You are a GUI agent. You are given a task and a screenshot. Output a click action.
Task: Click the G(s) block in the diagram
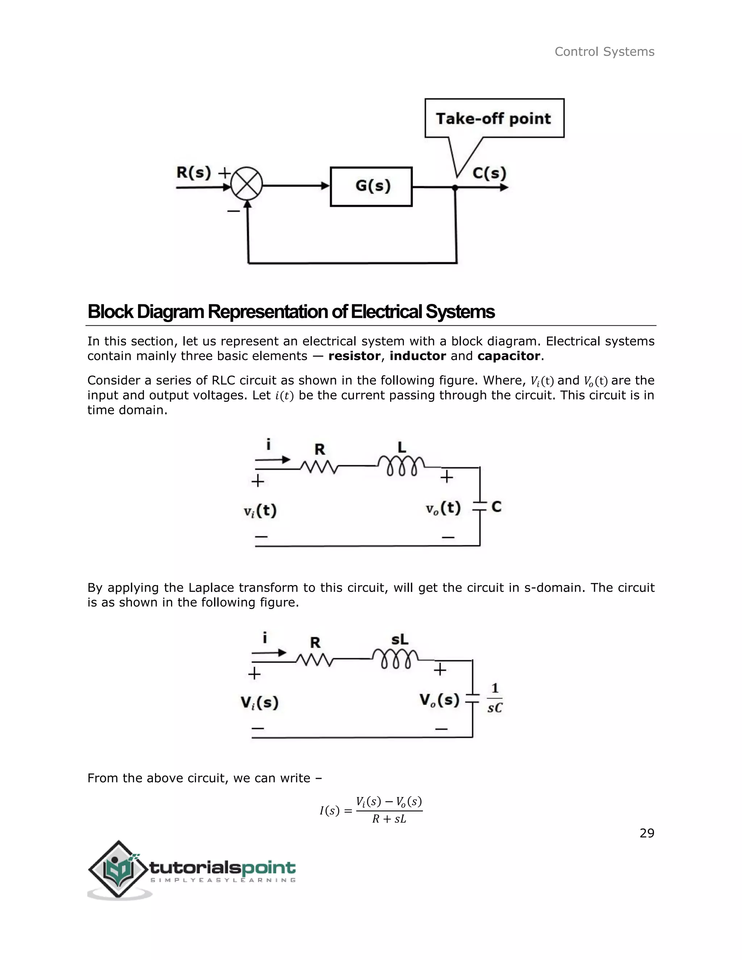(371, 186)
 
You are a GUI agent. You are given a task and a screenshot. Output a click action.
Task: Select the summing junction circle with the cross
(247, 183)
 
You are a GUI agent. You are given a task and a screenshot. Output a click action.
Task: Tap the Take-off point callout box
(494, 118)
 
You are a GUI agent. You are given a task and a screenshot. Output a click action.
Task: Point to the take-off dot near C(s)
(455, 188)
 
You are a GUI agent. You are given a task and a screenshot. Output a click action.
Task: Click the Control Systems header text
(604, 52)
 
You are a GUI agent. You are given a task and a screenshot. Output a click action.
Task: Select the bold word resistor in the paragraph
(354, 356)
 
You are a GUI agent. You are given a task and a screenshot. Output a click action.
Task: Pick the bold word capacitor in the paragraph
(509, 356)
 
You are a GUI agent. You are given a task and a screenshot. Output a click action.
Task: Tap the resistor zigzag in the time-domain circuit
(319, 467)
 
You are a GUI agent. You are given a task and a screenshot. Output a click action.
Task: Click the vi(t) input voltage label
(260, 511)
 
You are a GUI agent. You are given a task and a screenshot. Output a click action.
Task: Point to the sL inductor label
(400, 639)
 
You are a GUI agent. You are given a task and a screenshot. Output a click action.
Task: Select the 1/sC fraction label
(495, 698)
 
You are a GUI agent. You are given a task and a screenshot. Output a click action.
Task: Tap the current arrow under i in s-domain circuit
(269, 653)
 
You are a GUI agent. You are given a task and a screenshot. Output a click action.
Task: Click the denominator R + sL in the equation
(389, 819)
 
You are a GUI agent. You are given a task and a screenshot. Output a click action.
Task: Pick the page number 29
(647, 834)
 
